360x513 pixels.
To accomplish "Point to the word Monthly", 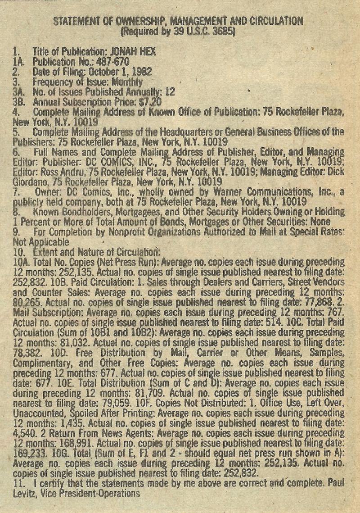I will click(128, 82).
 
